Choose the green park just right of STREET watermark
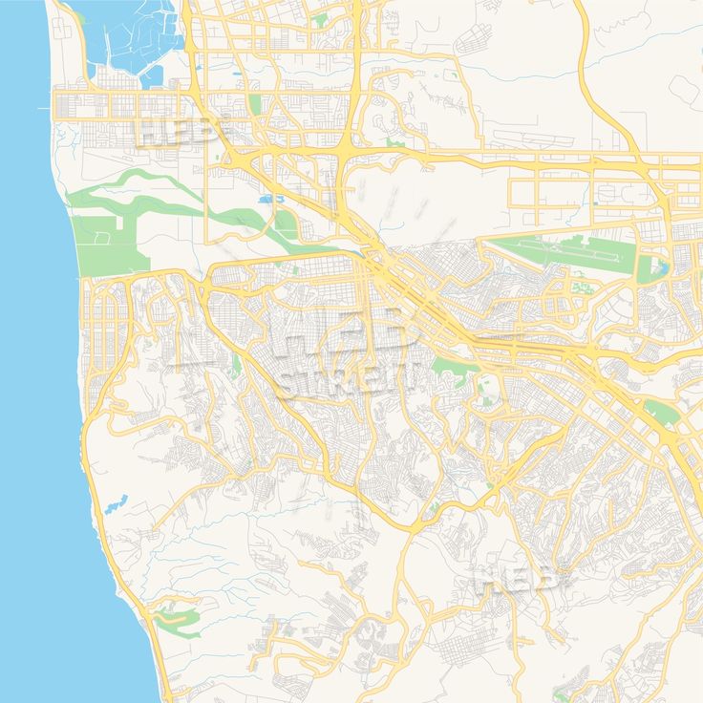coord(449,368)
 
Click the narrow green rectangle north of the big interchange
coord(254,103)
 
